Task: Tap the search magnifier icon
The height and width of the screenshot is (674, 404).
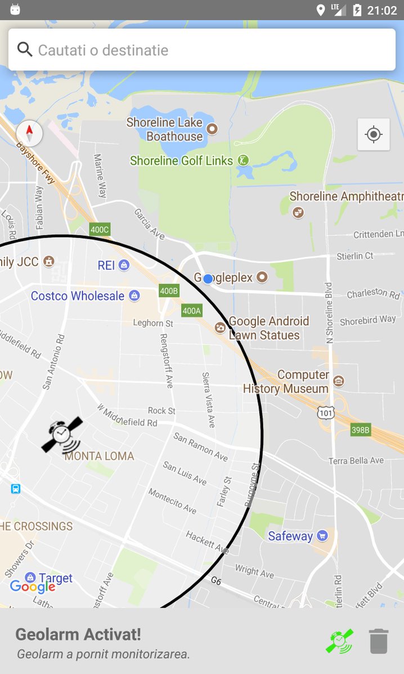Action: [x=25, y=49]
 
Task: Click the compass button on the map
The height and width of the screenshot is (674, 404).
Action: [x=29, y=133]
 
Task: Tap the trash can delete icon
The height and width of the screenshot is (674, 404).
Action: [x=379, y=641]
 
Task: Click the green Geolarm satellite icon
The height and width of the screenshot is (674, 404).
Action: [x=340, y=641]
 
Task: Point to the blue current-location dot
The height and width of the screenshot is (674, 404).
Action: [x=208, y=279]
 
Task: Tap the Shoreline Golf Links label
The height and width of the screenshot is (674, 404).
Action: [x=181, y=161]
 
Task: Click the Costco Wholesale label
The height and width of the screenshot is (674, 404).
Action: [x=78, y=296]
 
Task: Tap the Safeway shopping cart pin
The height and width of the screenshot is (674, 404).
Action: [x=322, y=535]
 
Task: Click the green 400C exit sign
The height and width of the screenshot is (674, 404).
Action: [x=100, y=229]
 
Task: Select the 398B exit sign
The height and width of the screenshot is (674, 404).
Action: [x=360, y=430]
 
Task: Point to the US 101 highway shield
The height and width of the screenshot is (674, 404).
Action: [x=326, y=413]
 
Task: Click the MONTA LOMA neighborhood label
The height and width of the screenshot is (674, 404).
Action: [x=99, y=456]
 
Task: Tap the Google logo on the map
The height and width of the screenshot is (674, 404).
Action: [x=32, y=587]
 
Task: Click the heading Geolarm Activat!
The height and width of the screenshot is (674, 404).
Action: [x=78, y=634]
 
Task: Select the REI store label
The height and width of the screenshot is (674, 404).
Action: [x=106, y=265]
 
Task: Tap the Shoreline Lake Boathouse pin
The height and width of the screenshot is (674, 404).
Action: [x=212, y=129]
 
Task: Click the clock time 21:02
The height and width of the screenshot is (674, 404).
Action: [x=382, y=10]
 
